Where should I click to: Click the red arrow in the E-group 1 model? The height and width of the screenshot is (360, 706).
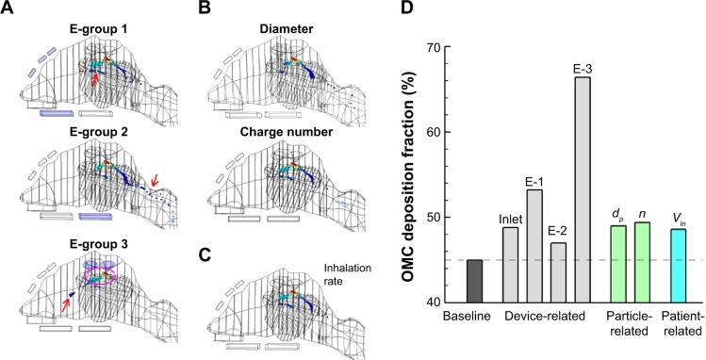pyautogui.click(x=92, y=86)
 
